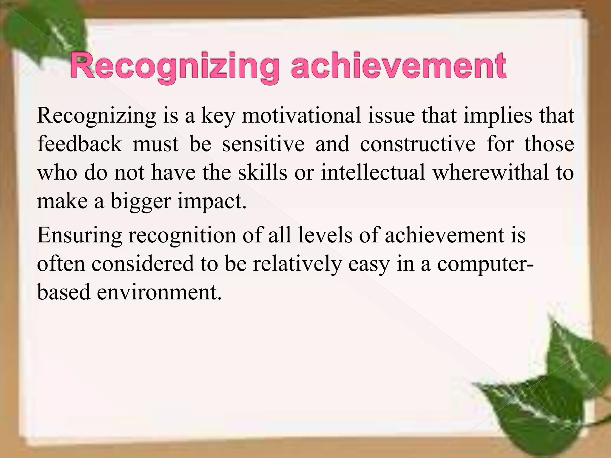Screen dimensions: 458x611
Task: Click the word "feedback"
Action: pos(79,144)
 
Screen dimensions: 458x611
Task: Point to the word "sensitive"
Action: pos(263,144)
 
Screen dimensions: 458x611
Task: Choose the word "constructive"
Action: pos(418,144)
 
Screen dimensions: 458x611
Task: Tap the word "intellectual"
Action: pos(373,173)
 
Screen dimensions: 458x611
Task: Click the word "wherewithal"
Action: pos(491,173)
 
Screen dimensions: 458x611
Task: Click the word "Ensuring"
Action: pos(79,235)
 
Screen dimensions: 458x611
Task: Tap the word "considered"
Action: pos(143,264)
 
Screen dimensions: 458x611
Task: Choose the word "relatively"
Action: pos(297,264)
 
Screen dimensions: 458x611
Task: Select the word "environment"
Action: pos(159,292)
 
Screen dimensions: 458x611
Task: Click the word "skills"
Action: pos(262,173)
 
